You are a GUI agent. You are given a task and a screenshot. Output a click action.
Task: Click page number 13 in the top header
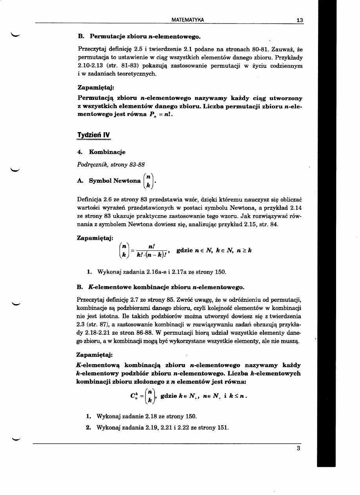[x=300, y=20]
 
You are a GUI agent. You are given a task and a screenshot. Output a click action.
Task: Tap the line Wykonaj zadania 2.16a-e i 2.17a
[x=156, y=272]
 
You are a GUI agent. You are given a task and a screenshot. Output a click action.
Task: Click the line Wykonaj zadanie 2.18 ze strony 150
[x=146, y=416]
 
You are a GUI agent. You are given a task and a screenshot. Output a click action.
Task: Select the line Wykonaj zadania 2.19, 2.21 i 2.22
[x=162, y=427]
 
